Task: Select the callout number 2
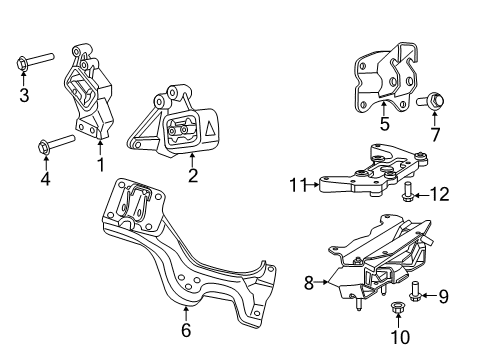(x=193, y=178)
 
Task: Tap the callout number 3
(x=23, y=96)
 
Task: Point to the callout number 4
(x=45, y=179)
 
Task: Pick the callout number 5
(x=383, y=125)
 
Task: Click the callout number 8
(x=310, y=283)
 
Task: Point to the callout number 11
(x=297, y=184)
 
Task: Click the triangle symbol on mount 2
(x=213, y=126)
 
